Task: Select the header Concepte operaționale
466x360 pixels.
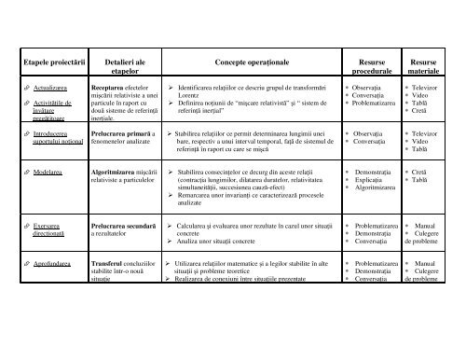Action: coord(243,61)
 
